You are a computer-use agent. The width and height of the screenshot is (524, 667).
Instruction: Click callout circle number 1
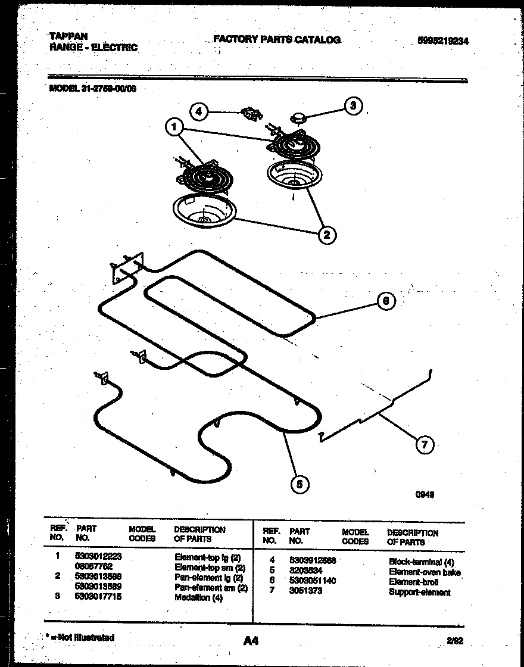174,127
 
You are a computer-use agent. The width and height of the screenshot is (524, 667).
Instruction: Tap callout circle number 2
326,235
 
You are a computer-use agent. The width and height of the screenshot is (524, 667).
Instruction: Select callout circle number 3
353,105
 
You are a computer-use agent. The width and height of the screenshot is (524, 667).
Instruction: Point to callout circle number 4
199,111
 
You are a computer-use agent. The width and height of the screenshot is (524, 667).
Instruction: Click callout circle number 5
300,485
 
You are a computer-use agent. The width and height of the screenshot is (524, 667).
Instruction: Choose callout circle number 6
385,301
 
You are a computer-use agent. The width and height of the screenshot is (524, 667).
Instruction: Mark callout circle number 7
424,444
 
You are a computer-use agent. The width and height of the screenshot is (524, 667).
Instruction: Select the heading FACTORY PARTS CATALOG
277,40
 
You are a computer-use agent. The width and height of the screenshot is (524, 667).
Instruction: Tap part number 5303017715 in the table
98,597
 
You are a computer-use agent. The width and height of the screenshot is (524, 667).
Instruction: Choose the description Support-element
419,592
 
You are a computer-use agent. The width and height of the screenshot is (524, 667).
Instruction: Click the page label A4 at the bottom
251,640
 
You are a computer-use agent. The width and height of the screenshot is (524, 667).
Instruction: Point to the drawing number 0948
424,494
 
